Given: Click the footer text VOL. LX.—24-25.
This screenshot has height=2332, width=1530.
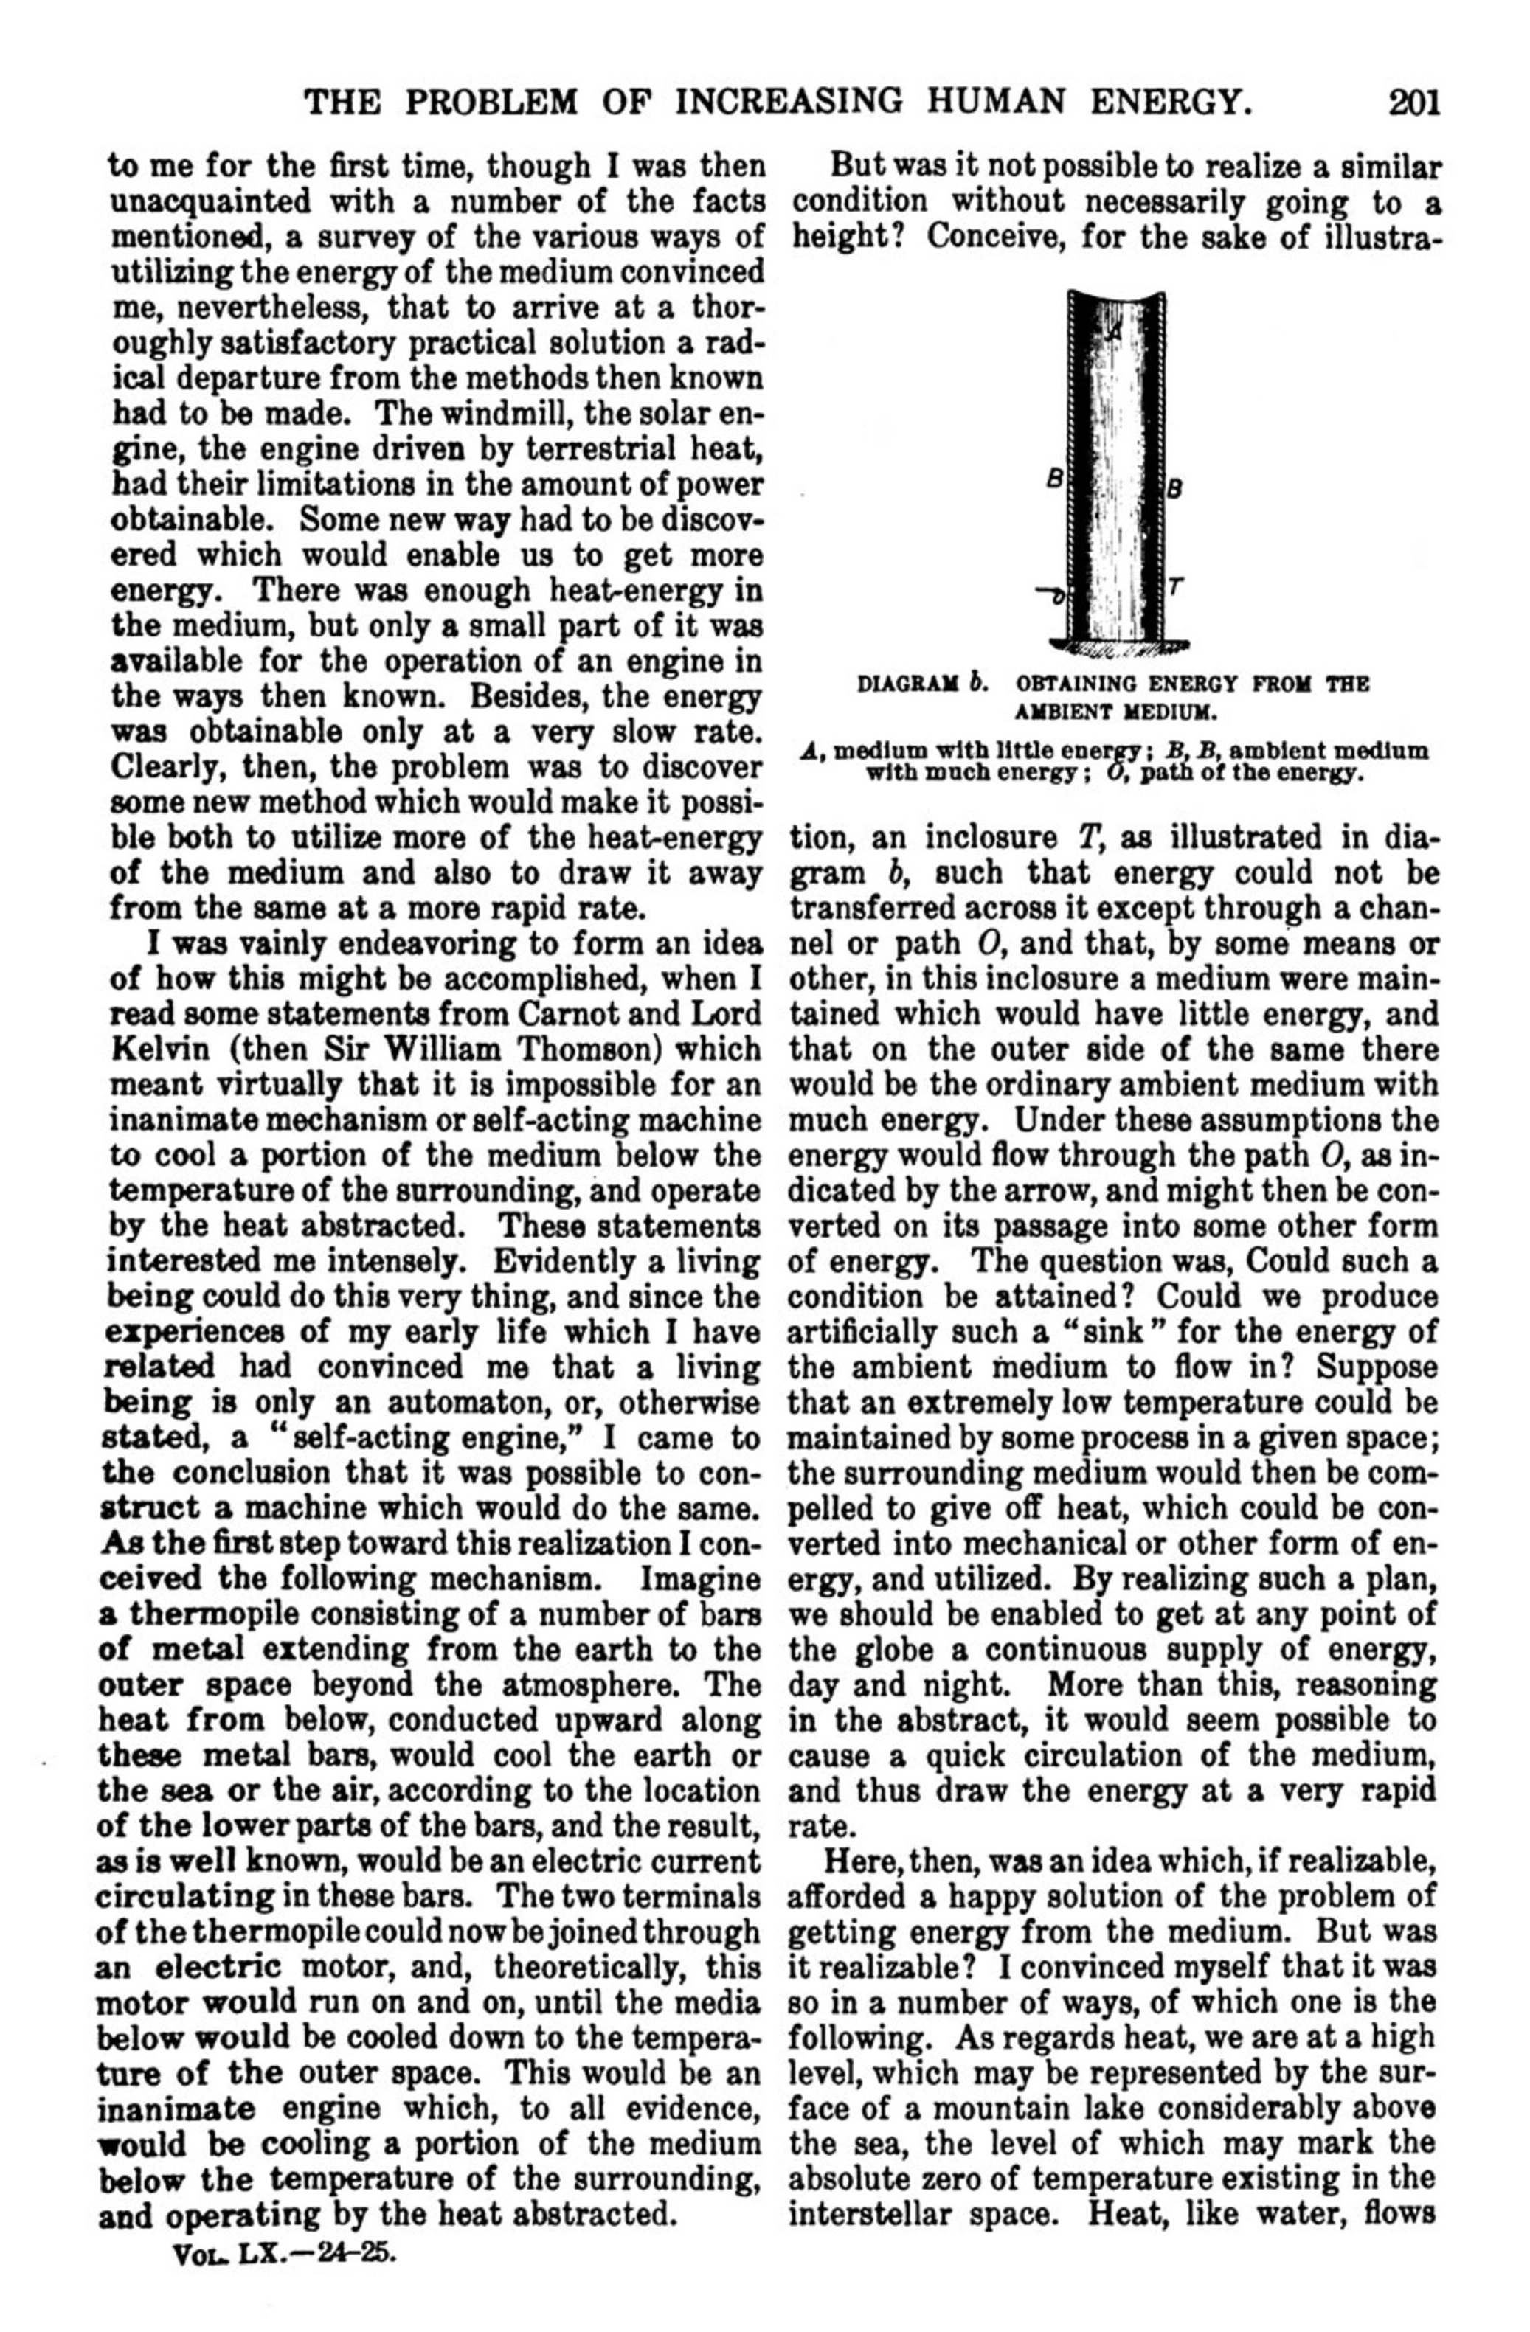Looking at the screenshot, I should (283, 2224).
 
